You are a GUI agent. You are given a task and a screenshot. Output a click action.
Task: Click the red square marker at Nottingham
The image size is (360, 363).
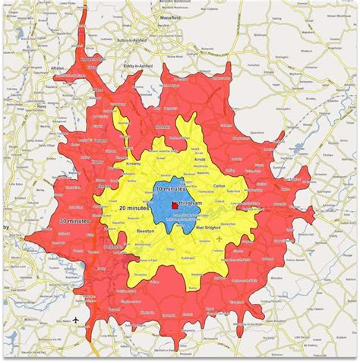point(174,206)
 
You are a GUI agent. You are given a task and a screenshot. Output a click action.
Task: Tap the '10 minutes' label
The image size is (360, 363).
point(172,188)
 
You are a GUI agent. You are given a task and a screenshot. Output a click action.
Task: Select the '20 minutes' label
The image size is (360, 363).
point(133,207)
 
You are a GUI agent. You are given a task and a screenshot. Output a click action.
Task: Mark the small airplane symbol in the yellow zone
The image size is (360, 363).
point(219,239)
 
